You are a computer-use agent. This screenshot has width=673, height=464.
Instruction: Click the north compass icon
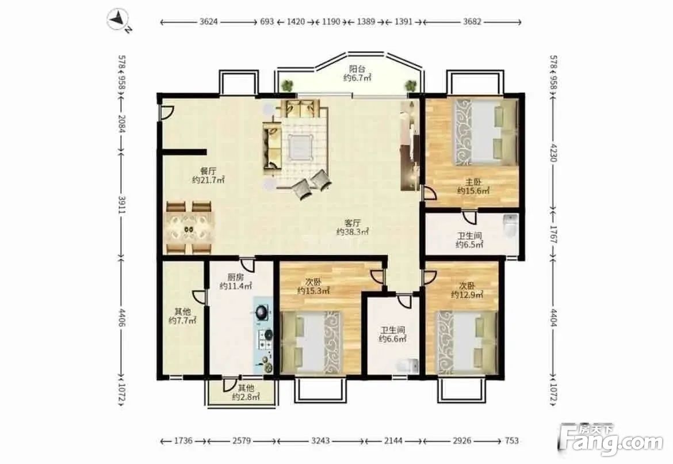pos(118,20)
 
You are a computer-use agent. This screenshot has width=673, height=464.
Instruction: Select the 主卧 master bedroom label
pos(473,182)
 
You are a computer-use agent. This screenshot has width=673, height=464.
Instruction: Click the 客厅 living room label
pos(353,223)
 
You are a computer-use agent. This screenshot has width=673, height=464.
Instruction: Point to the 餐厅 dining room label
pos(208,171)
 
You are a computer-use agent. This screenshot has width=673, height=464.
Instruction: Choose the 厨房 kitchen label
pos(235,277)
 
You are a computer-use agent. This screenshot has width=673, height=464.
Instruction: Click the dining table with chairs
pos(189,227)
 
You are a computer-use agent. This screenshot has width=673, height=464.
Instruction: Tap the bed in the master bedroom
pos(484,132)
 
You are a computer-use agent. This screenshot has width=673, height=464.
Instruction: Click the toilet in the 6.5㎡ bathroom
pos(510,226)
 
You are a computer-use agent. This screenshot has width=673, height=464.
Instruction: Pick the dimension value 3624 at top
pos(208,21)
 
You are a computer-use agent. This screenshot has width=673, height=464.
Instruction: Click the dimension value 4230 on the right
pos(553,152)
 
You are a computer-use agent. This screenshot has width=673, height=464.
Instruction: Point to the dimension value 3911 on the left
pos(122,205)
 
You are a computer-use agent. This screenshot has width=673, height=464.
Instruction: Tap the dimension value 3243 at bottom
pos(320,440)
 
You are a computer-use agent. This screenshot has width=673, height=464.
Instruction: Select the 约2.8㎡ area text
pos(246,397)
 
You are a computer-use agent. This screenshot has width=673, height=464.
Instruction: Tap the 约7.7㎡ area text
pos(182,320)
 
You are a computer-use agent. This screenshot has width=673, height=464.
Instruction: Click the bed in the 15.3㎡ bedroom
pos(311,342)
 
